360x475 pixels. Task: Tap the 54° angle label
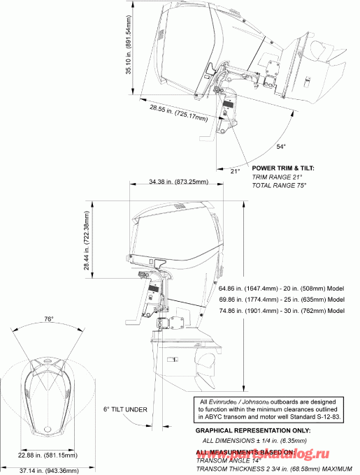pos(281,147)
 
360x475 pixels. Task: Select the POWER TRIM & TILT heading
pos(283,168)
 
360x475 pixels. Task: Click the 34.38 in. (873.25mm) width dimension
pos(179,182)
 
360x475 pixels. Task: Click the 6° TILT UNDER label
pos(125,409)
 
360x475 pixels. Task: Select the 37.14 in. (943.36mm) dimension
pos(49,469)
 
